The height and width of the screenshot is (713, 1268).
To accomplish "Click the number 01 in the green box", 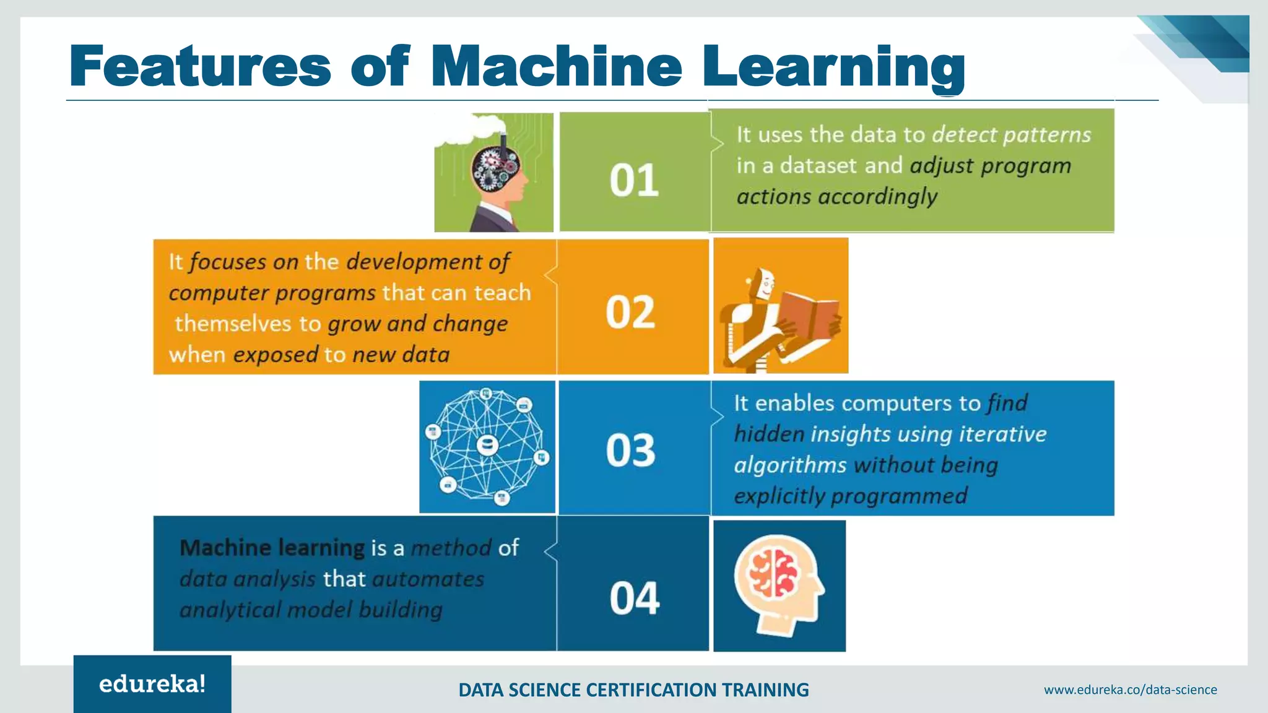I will [x=633, y=181].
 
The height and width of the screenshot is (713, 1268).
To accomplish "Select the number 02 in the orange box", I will [x=630, y=312].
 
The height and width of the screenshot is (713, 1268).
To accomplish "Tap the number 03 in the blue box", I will [x=630, y=450].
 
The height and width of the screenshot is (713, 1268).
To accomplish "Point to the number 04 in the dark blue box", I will [x=634, y=598].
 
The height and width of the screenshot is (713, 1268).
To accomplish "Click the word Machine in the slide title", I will [x=556, y=66].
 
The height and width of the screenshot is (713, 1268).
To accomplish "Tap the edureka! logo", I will [x=152, y=684].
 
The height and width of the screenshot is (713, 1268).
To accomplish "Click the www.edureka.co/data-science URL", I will [x=1130, y=689].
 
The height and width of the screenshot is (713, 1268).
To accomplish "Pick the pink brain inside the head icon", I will [x=773, y=573].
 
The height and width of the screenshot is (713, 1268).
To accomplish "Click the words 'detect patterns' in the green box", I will [x=1011, y=135].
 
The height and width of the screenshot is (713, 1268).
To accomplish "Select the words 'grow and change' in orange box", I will [x=417, y=324].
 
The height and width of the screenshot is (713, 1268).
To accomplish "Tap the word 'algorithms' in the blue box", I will [x=790, y=465].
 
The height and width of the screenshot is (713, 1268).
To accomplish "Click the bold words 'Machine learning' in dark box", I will [x=272, y=548].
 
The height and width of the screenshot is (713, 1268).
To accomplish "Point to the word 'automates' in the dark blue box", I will [x=428, y=579].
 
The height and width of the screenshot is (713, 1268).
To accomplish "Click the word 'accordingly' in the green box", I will [x=877, y=197].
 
